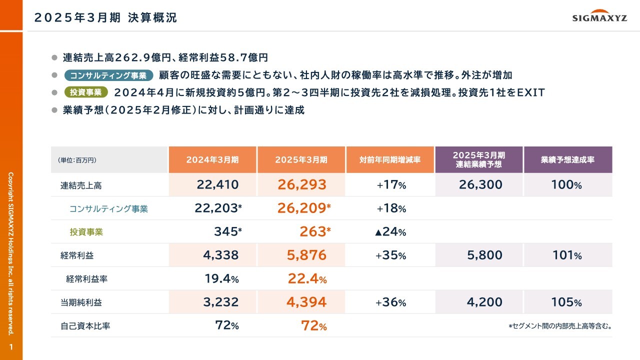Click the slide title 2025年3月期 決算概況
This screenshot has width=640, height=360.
pyautogui.click(x=105, y=18)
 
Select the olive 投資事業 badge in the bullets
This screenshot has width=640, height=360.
pyautogui.click(x=86, y=92)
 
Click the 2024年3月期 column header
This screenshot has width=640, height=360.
pyautogui.click(x=212, y=160)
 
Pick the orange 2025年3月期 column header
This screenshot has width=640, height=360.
pyautogui.click(x=301, y=160)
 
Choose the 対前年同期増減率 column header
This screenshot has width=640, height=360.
pyautogui.click(x=389, y=160)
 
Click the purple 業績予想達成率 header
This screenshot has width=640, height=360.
pyautogui.click(x=567, y=160)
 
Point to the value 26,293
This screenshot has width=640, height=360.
pyautogui.click(x=301, y=185)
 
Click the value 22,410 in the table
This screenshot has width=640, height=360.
pyautogui.click(x=217, y=185)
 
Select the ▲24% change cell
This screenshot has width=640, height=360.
pyautogui.click(x=390, y=232)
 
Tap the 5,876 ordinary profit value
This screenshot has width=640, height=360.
pyautogui.click(x=301, y=255)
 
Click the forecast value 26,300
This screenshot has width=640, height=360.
pyautogui.click(x=480, y=185)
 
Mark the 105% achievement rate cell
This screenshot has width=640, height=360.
pyautogui.click(x=566, y=302)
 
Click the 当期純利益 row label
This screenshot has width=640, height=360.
pyautogui.click(x=77, y=302)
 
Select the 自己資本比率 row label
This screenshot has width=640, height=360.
pyautogui.click(x=85, y=326)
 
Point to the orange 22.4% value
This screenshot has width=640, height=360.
pyautogui.click(x=307, y=279)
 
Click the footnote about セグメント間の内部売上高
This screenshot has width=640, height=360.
pyautogui.click(x=560, y=326)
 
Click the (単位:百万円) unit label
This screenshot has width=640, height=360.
pyautogui.click(x=77, y=160)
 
